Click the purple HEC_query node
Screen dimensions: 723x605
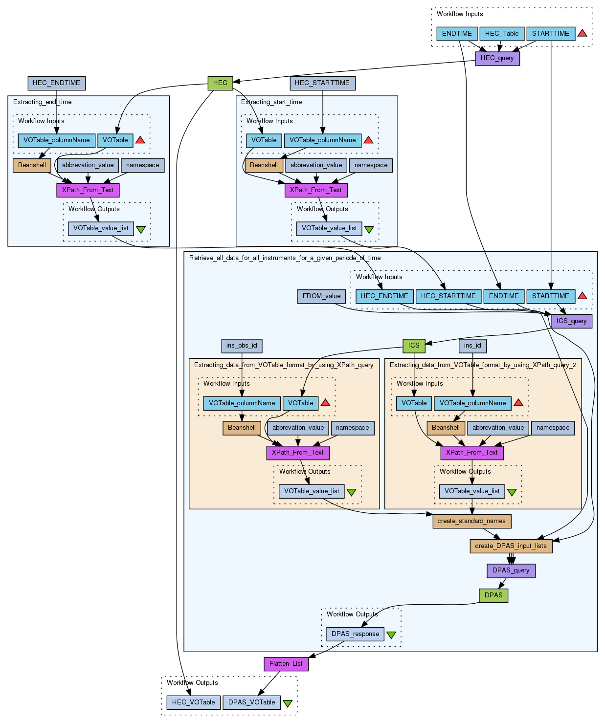point(497,58)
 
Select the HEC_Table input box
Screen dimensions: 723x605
point(502,34)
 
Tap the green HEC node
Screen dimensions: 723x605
point(220,83)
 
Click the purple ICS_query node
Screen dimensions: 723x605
point(572,321)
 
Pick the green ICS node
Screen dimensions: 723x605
point(414,346)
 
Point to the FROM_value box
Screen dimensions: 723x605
point(321,296)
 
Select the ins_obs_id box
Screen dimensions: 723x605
point(242,346)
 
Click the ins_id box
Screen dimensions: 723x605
point(472,346)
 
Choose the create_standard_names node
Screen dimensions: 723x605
point(471,521)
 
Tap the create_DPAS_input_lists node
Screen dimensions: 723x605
point(511,546)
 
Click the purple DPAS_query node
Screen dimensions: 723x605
point(511,570)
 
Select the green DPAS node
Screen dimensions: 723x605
point(493,595)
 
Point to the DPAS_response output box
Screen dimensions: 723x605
point(355,634)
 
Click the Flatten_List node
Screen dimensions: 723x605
point(286,664)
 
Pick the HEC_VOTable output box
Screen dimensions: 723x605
point(193,702)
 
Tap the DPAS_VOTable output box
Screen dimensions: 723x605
point(251,702)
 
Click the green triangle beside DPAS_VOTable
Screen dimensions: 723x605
point(288,703)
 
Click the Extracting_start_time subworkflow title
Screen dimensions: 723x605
point(271,102)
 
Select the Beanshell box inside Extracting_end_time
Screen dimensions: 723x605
point(32,165)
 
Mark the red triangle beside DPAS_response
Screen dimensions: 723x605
point(391,635)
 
